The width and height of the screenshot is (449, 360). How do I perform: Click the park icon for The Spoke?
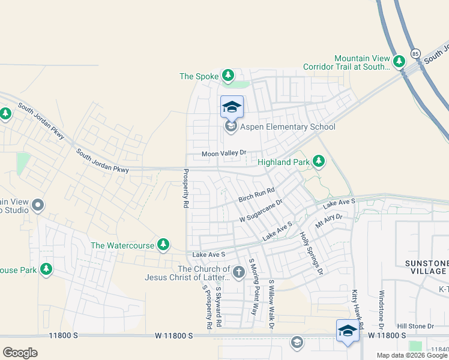pyautogui.click(x=228, y=76)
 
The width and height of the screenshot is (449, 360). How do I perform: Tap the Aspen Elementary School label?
pyautogui.click(x=288, y=127)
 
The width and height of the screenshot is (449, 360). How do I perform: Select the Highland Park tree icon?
pyautogui.click(x=319, y=162)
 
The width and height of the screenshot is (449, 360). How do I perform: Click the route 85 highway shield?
pyautogui.click(x=415, y=55)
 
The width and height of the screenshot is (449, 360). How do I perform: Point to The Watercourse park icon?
pyautogui.click(x=163, y=245)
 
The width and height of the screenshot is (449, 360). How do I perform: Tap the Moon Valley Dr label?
pyautogui.click(x=224, y=154)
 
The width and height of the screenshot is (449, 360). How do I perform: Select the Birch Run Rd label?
pyautogui.click(x=256, y=194)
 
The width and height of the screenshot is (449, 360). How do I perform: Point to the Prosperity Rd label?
pyautogui.click(x=185, y=189)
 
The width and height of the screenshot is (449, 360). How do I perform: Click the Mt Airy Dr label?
pyautogui.click(x=328, y=221)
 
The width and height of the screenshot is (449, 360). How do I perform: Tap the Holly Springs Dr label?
pyautogui.click(x=312, y=254)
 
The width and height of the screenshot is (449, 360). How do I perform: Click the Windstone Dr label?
pyautogui.click(x=381, y=309)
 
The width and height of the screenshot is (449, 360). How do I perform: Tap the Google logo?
pyautogui.click(x=20, y=352)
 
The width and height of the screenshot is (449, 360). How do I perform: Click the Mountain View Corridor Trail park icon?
pyautogui.click(x=399, y=61)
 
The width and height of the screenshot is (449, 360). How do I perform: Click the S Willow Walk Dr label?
pyautogui.click(x=271, y=305)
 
